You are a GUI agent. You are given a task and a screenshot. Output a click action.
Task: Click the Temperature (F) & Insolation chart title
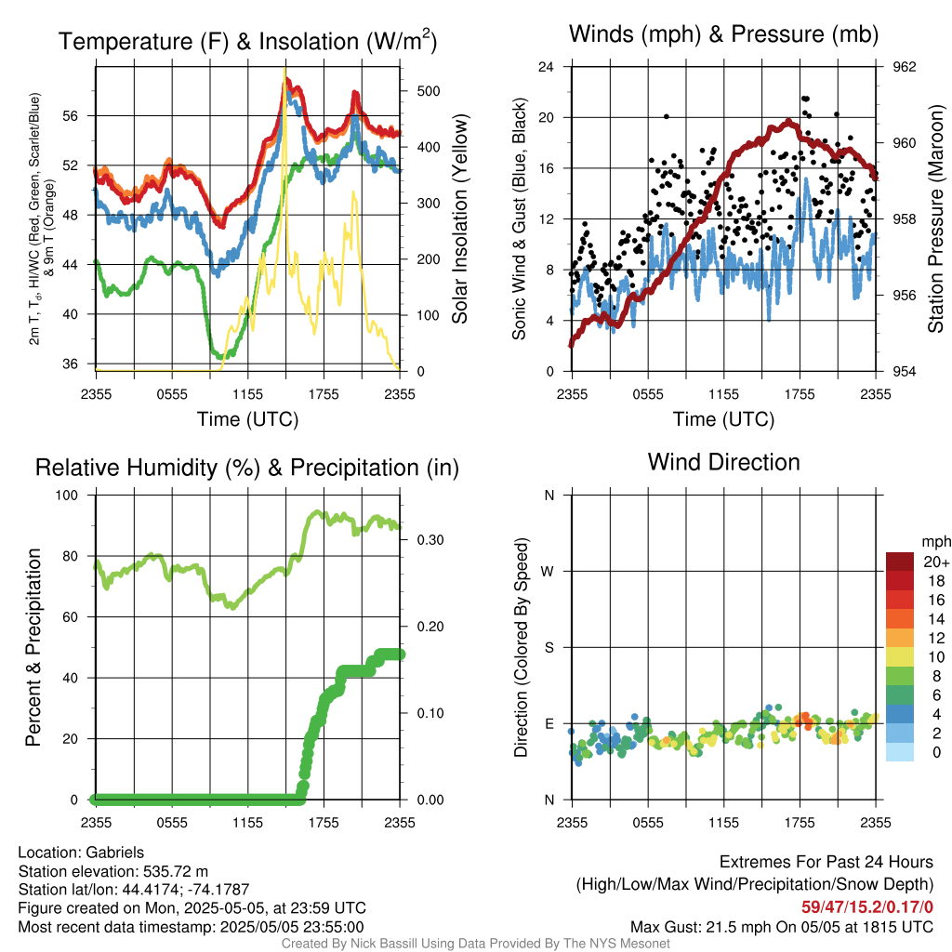(247, 41)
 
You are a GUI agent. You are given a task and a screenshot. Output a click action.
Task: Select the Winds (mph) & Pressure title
(723, 33)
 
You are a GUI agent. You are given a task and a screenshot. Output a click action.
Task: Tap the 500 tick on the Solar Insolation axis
(429, 91)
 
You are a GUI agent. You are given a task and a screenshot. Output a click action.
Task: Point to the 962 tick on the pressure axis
(904, 67)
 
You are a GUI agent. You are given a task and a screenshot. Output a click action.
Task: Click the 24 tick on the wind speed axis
(546, 67)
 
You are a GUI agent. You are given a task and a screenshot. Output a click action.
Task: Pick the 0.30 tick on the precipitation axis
(430, 540)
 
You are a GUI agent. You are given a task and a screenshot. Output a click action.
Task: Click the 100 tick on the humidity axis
(67, 495)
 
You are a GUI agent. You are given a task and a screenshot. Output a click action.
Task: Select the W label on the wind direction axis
(548, 572)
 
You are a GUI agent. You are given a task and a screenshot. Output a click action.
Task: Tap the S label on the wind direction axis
(549, 648)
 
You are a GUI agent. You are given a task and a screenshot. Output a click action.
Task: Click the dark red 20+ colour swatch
(900, 562)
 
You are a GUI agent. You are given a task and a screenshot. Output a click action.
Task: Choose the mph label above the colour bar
(936, 542)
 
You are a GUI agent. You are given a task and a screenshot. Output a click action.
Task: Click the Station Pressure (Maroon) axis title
(935, 218)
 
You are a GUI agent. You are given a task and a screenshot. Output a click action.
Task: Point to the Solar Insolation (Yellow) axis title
(459, 218)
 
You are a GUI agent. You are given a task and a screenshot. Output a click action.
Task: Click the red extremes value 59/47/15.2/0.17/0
(867, 906)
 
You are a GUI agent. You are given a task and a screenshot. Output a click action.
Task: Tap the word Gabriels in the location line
(114, 853)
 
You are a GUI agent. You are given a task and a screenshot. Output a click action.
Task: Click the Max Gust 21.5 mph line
(782, 927)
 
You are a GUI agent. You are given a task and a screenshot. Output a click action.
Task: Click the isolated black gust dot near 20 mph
(666, 116)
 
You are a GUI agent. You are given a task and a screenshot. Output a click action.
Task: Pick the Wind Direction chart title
(723, 462)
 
